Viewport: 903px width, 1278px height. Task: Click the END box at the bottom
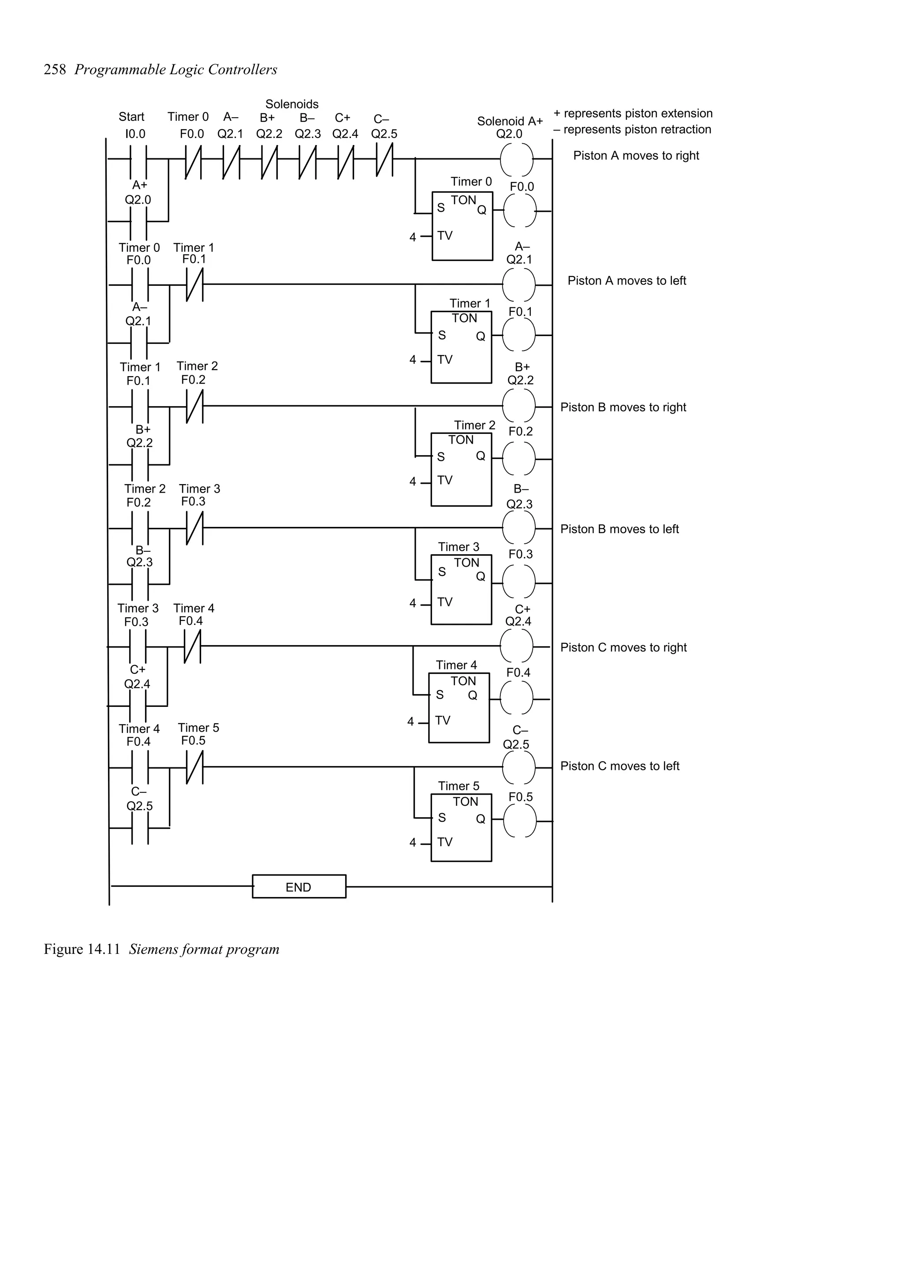299,887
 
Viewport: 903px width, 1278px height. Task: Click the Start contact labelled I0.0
138,160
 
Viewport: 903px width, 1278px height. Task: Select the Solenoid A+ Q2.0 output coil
516,159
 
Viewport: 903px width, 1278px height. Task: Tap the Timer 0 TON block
463,225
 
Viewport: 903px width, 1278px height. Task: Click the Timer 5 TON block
461,828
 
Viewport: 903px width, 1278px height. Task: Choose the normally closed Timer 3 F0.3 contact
194,528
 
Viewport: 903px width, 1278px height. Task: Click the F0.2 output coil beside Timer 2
519,459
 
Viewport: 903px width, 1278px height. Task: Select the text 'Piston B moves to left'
619,529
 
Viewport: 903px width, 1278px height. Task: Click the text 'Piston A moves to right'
636,155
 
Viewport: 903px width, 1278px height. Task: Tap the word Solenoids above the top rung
291,104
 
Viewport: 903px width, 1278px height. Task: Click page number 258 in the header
55,70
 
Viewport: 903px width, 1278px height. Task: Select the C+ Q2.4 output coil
516,646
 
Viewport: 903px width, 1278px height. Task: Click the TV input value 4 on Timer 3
412,603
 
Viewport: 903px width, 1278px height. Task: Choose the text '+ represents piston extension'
633,113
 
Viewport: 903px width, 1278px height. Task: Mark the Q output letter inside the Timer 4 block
472,695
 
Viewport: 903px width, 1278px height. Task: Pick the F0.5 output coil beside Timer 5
520,821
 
